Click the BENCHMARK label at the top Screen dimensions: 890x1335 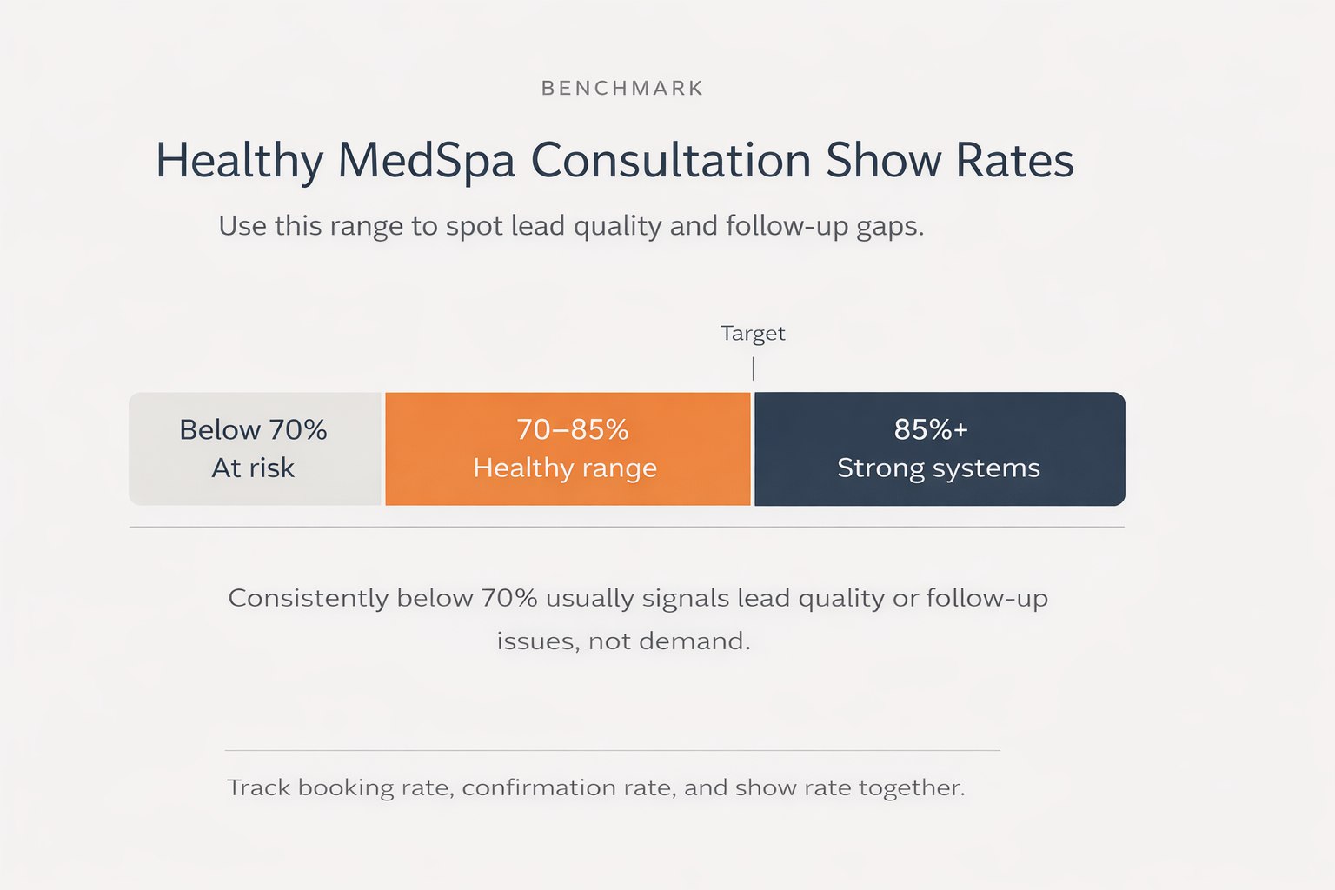tap(622, 88)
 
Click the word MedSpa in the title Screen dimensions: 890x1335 tap(426, 161)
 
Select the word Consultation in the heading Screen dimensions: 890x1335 tap(670, 161)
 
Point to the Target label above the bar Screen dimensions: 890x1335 tap(753, 334)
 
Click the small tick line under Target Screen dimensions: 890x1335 tap(753, 369)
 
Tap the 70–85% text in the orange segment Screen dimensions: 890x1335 tap(572, 429)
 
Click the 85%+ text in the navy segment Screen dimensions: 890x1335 tap(931, 429)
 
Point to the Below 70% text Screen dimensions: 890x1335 tap(253, 429)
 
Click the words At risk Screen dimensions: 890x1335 tap(253, 468)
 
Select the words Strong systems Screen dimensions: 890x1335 tap(939, 468)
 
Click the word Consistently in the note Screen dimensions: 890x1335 tap(308, 598)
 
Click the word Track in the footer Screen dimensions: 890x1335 tap(258, 787)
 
